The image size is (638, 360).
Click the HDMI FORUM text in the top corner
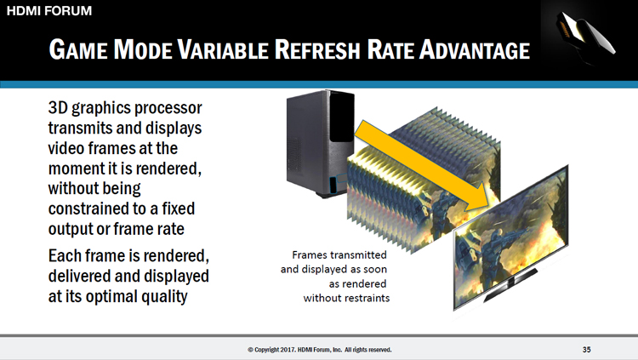click(49, 10)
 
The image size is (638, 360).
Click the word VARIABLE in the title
click(224, 49)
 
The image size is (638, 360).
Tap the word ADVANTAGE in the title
click(475, 49)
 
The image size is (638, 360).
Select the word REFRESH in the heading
click(317, 49)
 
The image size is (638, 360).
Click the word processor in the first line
click(168, 109)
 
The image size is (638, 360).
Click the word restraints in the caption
click(366, 298)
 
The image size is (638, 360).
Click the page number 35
click(586, 350)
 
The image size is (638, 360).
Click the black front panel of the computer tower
click(341, 118)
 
